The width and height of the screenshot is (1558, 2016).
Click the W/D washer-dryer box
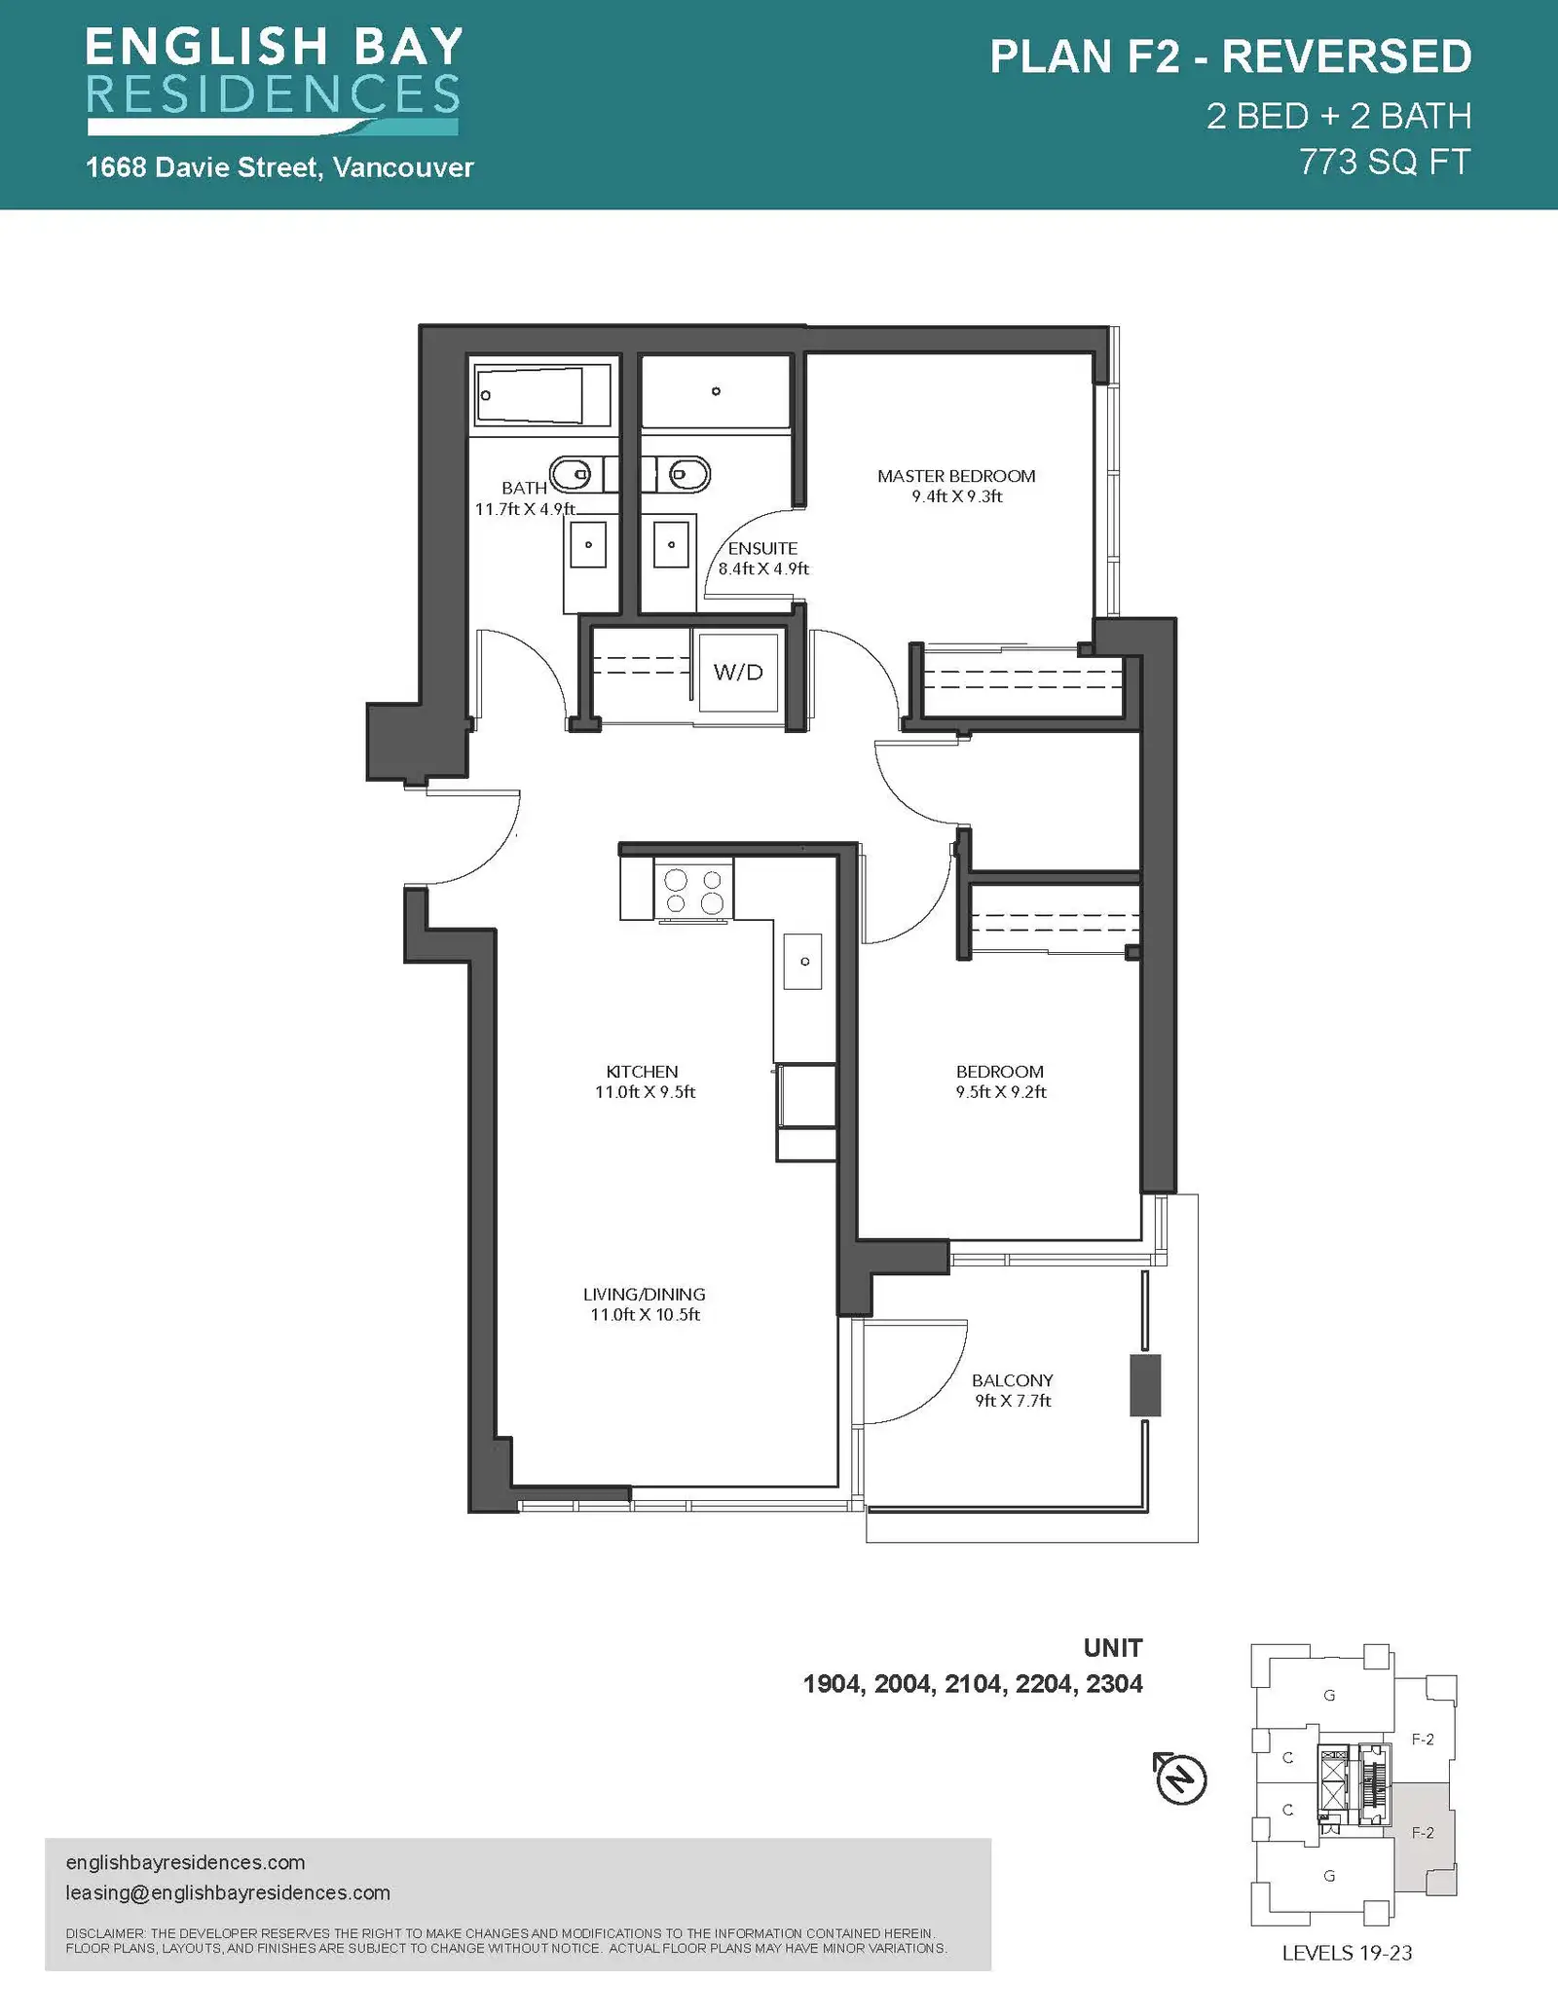(738, 672)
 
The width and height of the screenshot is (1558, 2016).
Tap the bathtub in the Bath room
(541, 394)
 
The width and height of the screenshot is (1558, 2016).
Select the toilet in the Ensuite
(683, 475)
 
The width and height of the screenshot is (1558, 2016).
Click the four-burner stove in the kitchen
(693, 891)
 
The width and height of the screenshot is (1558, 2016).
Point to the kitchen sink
(803, 961)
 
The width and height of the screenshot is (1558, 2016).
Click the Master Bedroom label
(956, 476)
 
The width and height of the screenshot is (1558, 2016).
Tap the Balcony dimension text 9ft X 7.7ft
(1013, 1401)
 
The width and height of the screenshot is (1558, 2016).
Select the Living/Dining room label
(645, 1295)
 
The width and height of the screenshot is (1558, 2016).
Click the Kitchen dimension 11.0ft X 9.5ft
(646, 1092)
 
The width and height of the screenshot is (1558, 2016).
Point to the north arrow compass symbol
(1181, 1778)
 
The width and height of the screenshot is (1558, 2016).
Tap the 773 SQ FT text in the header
(1385, 162)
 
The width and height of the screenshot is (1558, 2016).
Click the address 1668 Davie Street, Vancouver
(280, 167)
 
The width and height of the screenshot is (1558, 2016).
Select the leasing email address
(228, 1893)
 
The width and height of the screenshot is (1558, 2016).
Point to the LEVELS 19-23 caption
(1347, 1954)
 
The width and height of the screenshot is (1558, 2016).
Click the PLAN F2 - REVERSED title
(1231, 57)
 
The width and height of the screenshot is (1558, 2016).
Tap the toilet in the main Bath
(571, 475)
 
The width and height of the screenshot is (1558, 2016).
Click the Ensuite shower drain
(716, 391)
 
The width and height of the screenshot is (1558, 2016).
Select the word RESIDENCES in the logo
(274, 94)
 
